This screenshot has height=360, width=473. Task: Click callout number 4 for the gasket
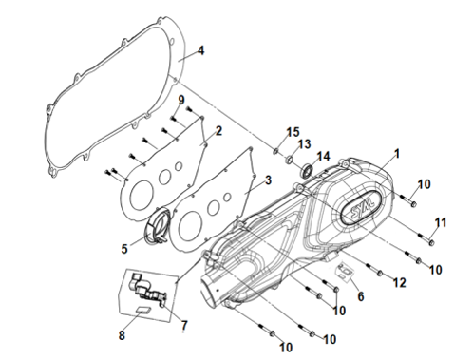coord(200,50)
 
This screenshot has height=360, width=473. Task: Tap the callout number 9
coord(181,101)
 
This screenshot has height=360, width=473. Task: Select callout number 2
coord(218,131)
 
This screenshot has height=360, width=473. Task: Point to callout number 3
coord(268,180)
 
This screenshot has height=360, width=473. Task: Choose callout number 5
coord(124,249)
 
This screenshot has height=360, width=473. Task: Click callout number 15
coord(293,132)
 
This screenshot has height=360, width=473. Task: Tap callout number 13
coord(305,144)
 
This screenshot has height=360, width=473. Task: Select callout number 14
coord(323,157)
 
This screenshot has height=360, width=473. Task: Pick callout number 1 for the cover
coord(397,154)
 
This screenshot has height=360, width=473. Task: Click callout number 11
coord(440,222)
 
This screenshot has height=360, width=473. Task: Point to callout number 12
coord(400,283)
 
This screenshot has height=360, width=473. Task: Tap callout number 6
coord(361,296)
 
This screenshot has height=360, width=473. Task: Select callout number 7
coord(184,326)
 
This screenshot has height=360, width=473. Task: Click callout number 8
coord(122,335)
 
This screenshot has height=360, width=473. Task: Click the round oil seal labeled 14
coord(308,170)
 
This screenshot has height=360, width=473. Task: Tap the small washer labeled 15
coord(275,151)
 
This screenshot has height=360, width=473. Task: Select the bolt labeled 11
coord(426,239)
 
